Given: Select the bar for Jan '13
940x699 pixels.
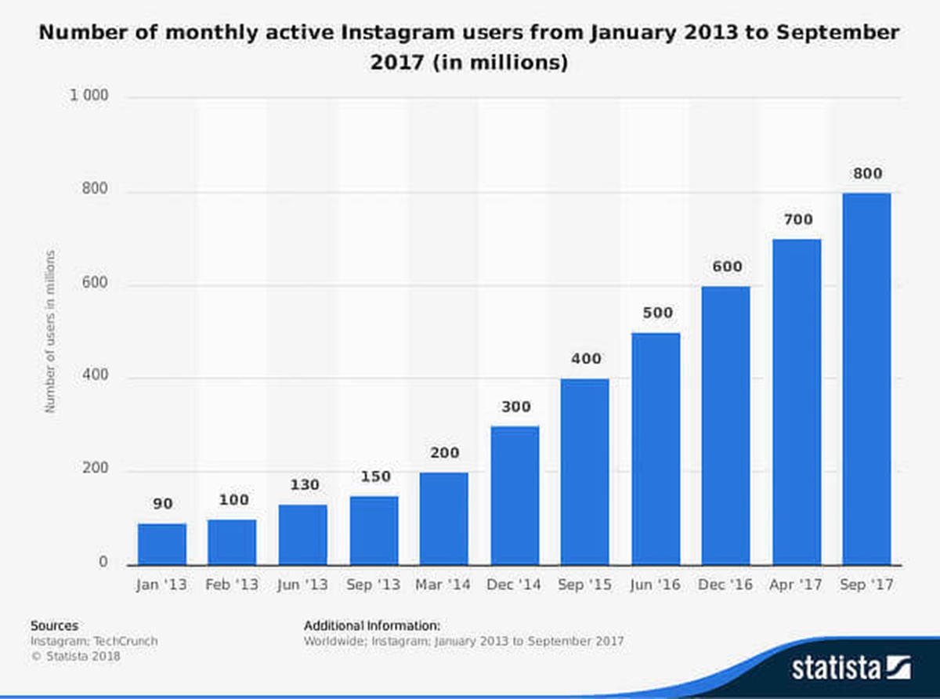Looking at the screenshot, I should [x=162, y=544].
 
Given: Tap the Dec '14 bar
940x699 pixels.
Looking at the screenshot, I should [x=515, y=495].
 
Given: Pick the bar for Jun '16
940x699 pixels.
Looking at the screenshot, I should [x=656, y=448].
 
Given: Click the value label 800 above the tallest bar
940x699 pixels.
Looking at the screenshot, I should [x=866, y=173].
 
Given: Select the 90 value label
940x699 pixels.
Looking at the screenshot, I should [x=162, y=504].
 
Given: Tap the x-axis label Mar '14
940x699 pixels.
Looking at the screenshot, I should [x=444, y=585].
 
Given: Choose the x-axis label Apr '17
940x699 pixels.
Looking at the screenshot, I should [x=797, y=585].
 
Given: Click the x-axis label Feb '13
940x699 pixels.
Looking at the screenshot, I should [x=233, y=585].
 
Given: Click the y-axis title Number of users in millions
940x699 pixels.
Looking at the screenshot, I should [x=51, y=331].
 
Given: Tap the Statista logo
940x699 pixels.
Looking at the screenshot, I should [x=851, y=668].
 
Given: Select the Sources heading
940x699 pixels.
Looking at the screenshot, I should [x=54, y=625].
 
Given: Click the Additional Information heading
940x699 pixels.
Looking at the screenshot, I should [x=372, y=625].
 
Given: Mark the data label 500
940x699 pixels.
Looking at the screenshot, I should [x=656, y=313].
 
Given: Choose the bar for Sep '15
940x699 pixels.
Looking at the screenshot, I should [x=585, y=472].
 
